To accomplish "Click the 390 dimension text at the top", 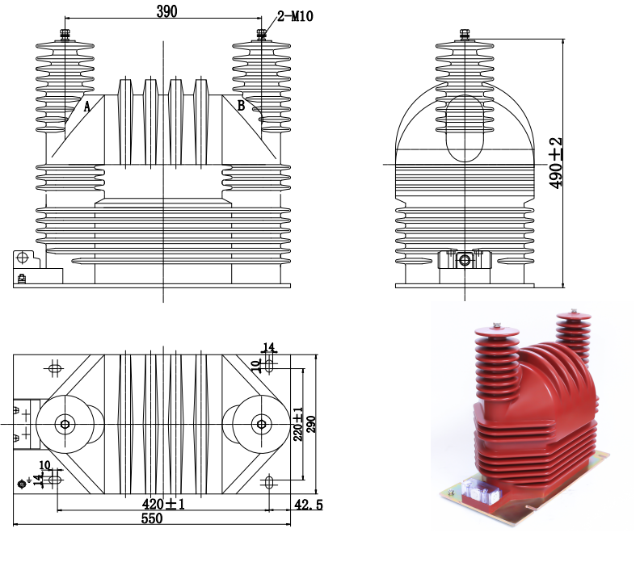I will coord(165,10).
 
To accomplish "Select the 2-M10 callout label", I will coord(295,15).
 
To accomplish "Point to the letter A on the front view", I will coord(87,105).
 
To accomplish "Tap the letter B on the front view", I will coord(240,105).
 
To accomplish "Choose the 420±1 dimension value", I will coord(165,505).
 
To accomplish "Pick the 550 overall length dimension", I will coord(152,519).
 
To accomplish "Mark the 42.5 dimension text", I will coord(307,505).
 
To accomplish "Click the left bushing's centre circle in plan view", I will coord(65,423).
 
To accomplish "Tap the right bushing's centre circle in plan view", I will coord(261,423).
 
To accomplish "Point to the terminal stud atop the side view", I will coord(465,34).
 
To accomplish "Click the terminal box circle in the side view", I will coord(465,260).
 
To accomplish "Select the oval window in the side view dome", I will coord(465,128).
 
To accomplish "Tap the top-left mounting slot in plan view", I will coord(54,369).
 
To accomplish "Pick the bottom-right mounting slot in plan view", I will coord(269,482).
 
